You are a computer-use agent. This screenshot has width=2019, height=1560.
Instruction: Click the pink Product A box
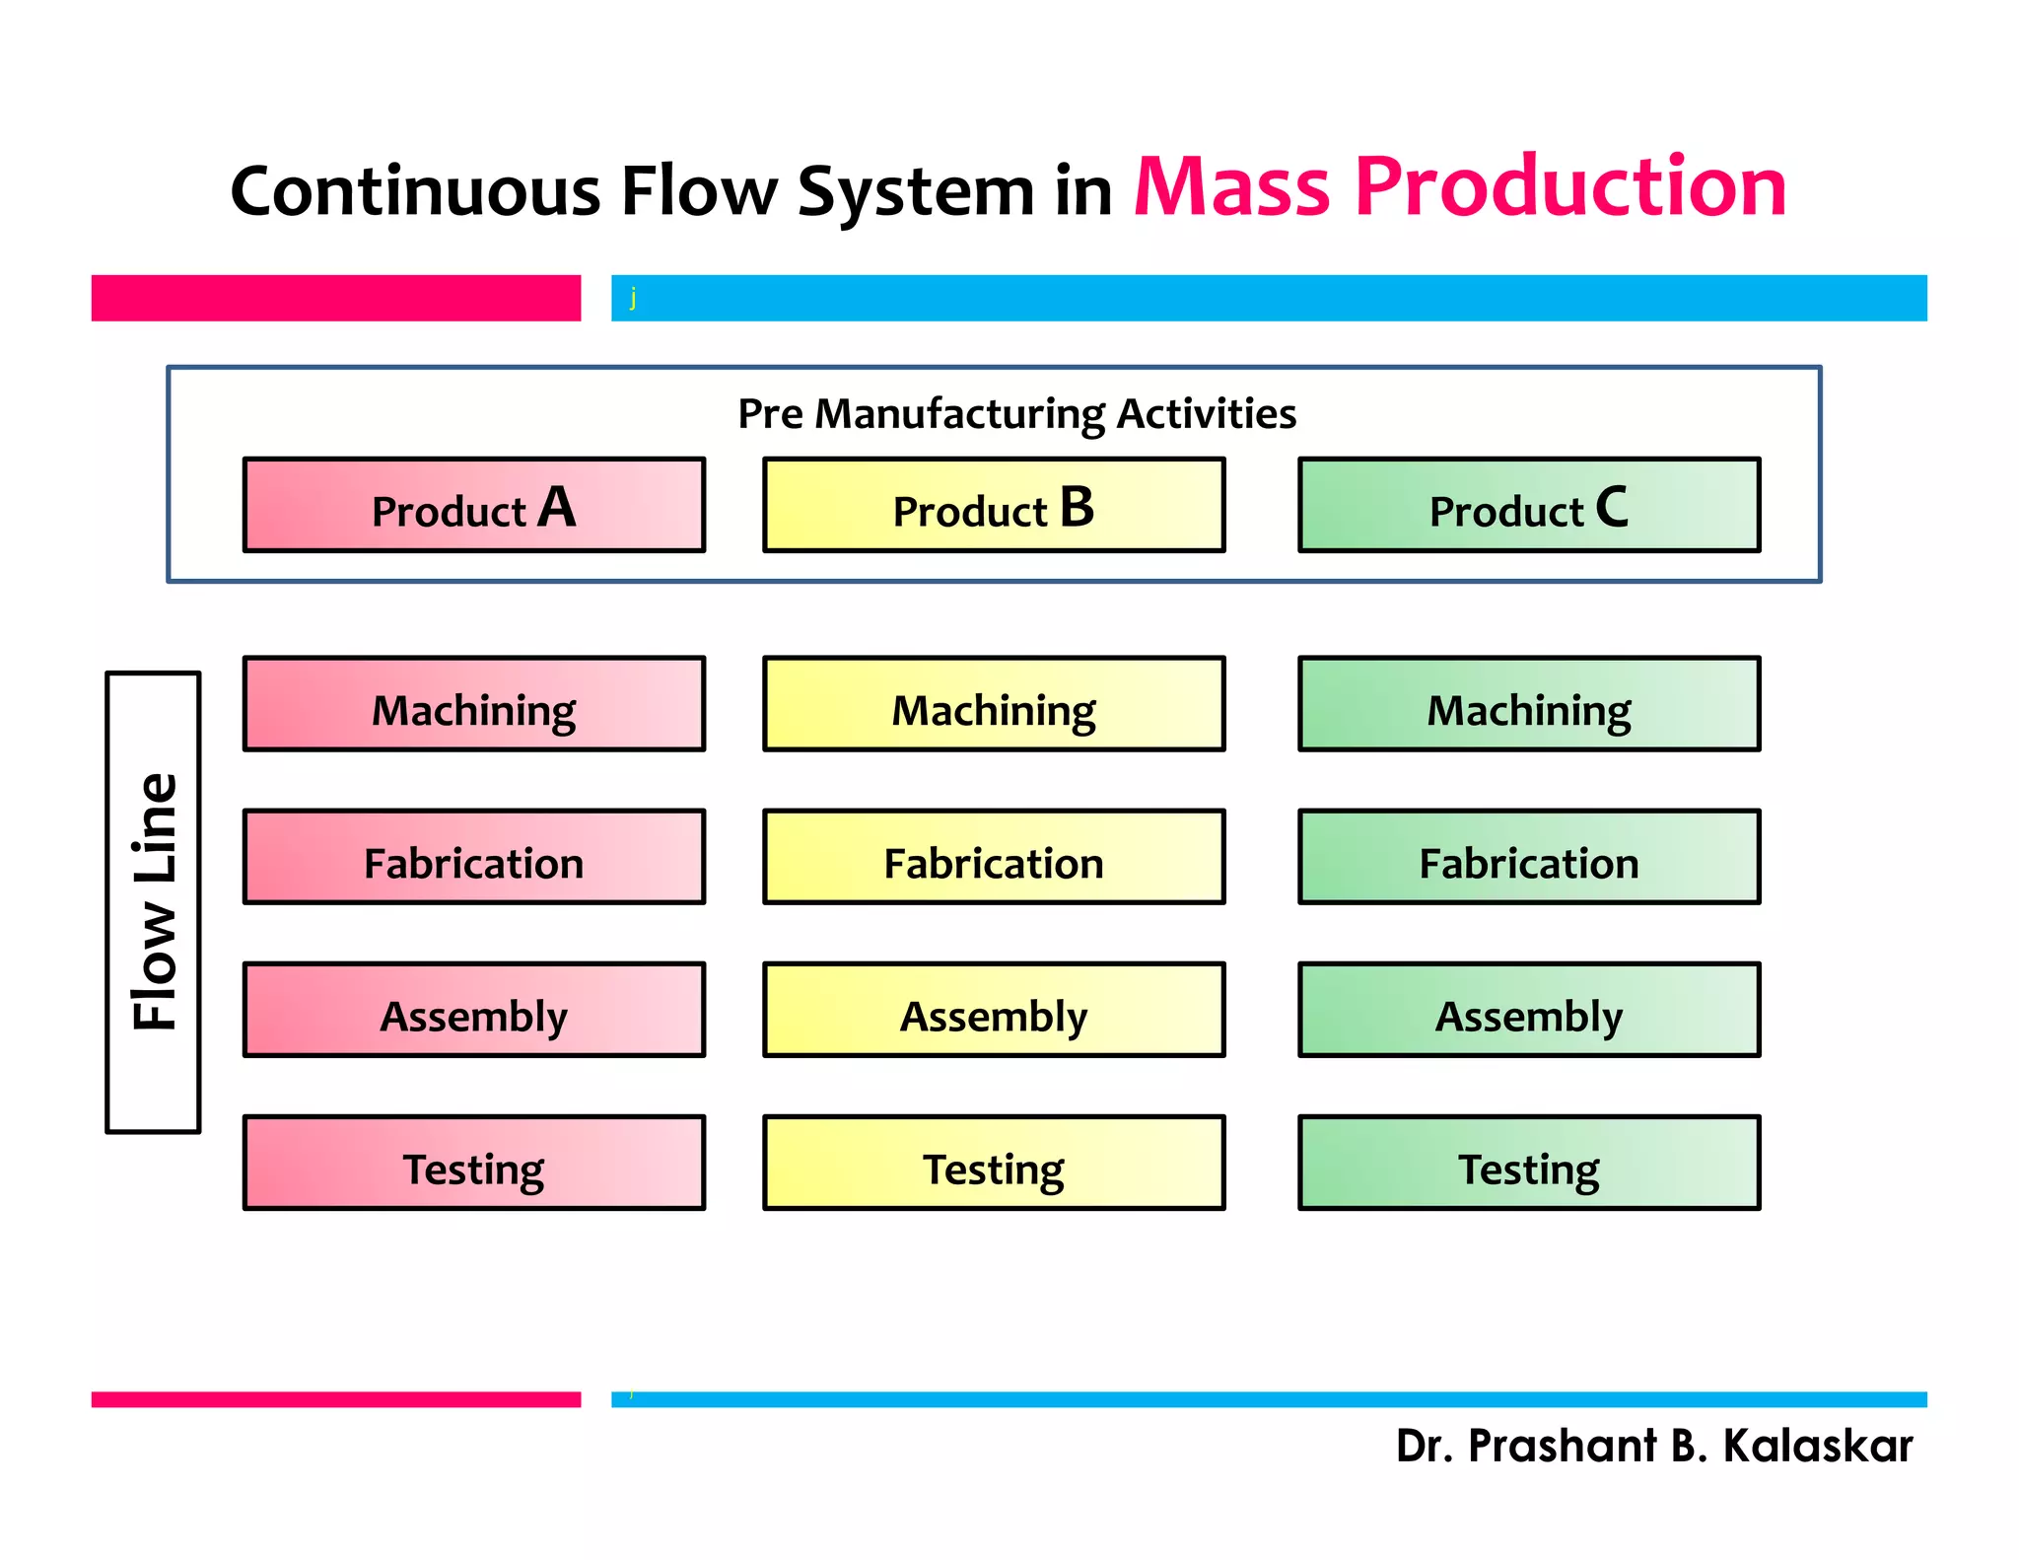[x=473, y=505]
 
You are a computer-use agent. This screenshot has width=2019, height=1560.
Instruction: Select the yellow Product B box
[x=994, y=505]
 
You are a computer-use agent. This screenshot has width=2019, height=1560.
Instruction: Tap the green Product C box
[x=1529, y=505]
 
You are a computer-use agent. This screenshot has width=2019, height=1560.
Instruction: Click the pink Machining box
[x=473, y=704]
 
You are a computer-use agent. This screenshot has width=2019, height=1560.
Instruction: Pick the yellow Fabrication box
[x=994, y=857]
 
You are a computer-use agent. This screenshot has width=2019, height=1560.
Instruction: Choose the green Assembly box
[x=1529, y=1010]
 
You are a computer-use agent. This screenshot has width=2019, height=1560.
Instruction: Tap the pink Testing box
[x=473, y=1163]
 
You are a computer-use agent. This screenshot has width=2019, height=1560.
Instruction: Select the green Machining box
[x=1529, y=704]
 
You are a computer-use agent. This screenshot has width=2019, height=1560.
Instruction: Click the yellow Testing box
[x=994, y=1163]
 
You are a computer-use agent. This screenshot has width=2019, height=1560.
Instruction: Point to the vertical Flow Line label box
[x=154, y=902]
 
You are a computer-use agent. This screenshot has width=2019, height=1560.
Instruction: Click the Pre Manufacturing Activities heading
[x=1016, y=414]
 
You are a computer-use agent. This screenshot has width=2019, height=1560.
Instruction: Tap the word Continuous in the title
[x=414, y=191]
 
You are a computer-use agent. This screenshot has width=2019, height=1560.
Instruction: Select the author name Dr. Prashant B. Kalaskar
[x=1653, y=1446]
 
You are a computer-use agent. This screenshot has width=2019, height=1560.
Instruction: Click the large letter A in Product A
[x=557, y=508]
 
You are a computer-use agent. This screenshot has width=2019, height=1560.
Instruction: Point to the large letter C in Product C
[x=1612, y=508]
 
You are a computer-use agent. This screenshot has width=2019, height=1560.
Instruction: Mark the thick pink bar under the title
[x=335, y=298]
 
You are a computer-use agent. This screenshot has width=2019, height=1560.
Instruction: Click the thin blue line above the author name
[x=1268, y=1399]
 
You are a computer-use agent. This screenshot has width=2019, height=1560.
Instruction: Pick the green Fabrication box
[x=1529, y=857]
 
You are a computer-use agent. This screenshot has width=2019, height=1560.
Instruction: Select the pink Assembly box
[x=473, y=1010]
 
